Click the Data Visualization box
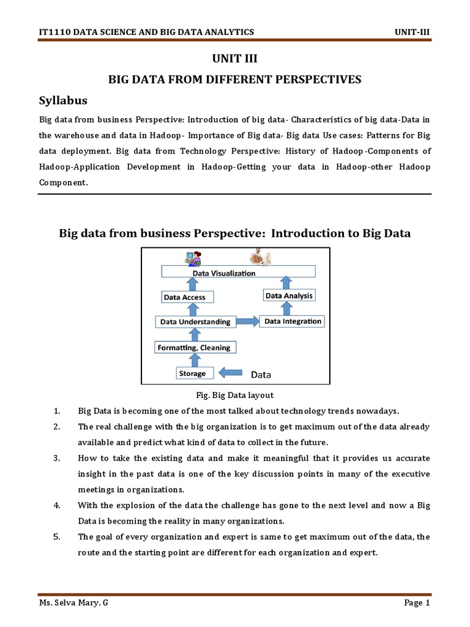tap(237, 272)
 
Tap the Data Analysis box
tap(289, 296)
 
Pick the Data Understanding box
tap(195, 321)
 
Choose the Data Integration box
tap(292, 321)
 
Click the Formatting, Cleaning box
tap(194, 348)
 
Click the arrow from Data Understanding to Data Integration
tap(247, 321)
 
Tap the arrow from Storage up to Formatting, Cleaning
tap(194, 361)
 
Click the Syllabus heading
tap(64, 100)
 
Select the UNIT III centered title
tap(234, 59)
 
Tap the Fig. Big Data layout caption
tap(235, 395)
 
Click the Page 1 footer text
tap(417, 603)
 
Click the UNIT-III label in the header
tap(414, 32)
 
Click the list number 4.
tap(56, 505)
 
